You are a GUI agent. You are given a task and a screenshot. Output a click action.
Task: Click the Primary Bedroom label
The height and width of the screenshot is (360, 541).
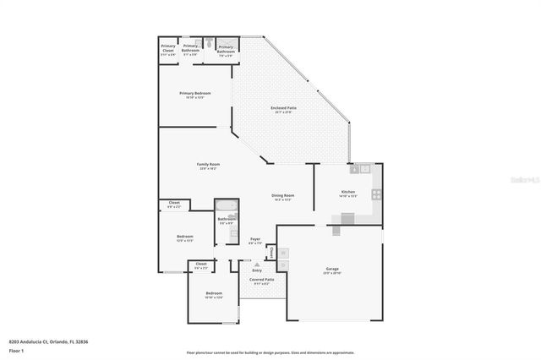pos(194,93)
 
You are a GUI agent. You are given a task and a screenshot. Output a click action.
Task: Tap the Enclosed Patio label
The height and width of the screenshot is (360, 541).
pos(282,107)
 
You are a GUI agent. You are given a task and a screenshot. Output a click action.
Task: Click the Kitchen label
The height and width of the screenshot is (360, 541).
pos(347,192)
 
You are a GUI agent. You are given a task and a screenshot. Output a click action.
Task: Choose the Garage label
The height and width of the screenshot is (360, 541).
pos(332,269)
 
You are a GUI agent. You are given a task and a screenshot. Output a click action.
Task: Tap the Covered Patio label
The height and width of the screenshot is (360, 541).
pos(261,279)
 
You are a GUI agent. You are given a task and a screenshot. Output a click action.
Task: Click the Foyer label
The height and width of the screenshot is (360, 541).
pos(254,240)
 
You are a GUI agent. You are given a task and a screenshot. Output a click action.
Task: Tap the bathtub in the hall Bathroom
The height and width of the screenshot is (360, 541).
pos(227,205)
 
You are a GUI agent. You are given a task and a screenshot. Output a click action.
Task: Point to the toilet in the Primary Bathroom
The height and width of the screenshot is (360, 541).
pos(205,41)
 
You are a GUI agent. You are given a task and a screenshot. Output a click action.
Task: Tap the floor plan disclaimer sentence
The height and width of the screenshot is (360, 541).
pos(270,352)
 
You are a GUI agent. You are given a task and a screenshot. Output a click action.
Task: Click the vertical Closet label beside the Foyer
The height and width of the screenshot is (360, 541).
pos(270,251)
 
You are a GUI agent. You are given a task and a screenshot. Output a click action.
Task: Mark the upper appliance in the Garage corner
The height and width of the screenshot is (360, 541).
pos(284,253)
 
